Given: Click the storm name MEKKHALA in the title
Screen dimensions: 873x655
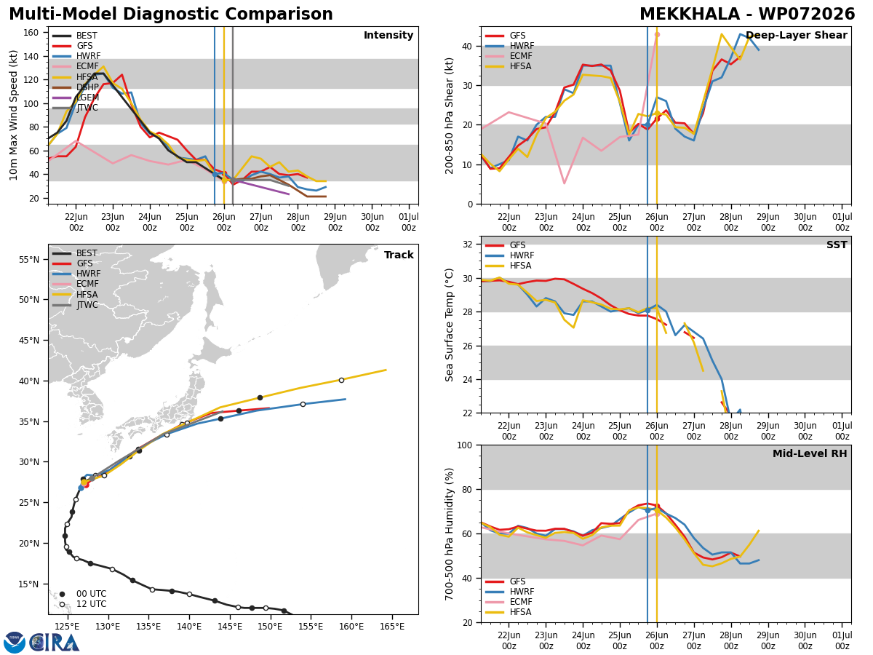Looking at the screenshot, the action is tap(689, 14).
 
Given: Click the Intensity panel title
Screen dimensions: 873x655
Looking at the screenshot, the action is tap(388, 35).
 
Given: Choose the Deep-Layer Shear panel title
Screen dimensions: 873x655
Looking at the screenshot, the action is tap(796, 35).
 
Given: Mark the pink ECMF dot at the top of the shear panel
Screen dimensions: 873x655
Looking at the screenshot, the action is tap(657, 35).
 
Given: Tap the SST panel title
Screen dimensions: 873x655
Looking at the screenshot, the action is tap(837, 245).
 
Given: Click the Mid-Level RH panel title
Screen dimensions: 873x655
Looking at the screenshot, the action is tap(810, 453).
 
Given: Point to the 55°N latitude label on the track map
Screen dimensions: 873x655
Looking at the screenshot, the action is tap(28, 260).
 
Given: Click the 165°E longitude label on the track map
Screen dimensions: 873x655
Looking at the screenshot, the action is tap(392, 627).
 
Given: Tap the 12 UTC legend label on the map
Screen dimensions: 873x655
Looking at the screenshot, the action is tap(92, 604).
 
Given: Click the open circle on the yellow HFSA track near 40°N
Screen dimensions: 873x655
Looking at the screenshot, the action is tap(341, 380).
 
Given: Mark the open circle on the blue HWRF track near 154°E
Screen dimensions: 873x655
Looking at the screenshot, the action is tap(303, 404).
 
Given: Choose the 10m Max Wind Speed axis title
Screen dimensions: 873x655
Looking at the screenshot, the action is tap(13, 115).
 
